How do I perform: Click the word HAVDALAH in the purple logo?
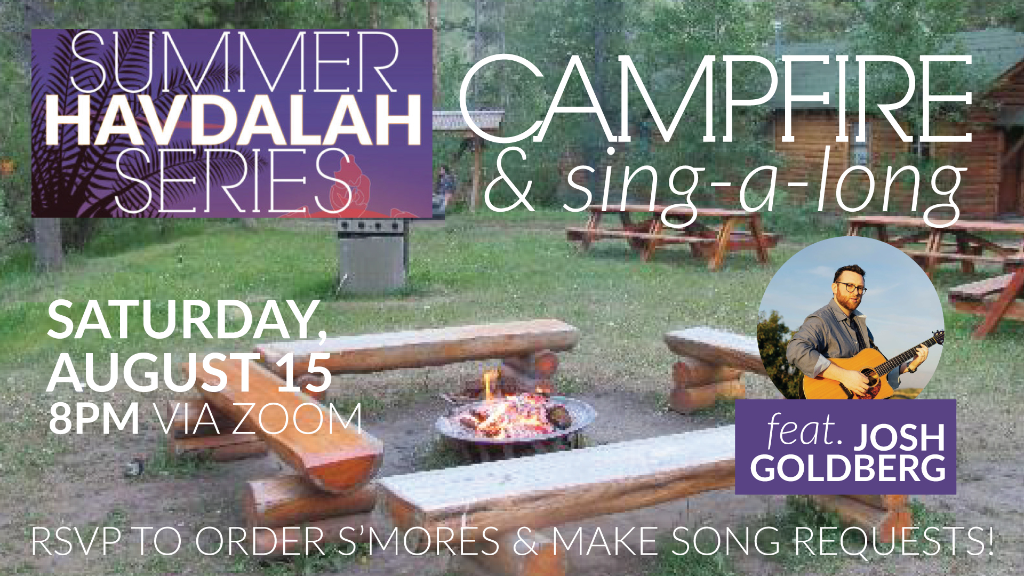click(234, 121)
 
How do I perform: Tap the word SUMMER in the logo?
click(234, 62)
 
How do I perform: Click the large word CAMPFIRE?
click(715, 99)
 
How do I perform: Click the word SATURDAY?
click(187, 320)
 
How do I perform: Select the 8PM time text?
click(94, 419)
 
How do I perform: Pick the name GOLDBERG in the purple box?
click(848, 468)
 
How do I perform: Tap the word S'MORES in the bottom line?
click(418, 541)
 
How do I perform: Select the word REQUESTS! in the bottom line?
click(894, 541)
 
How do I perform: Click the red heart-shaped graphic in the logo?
click(349, 184)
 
